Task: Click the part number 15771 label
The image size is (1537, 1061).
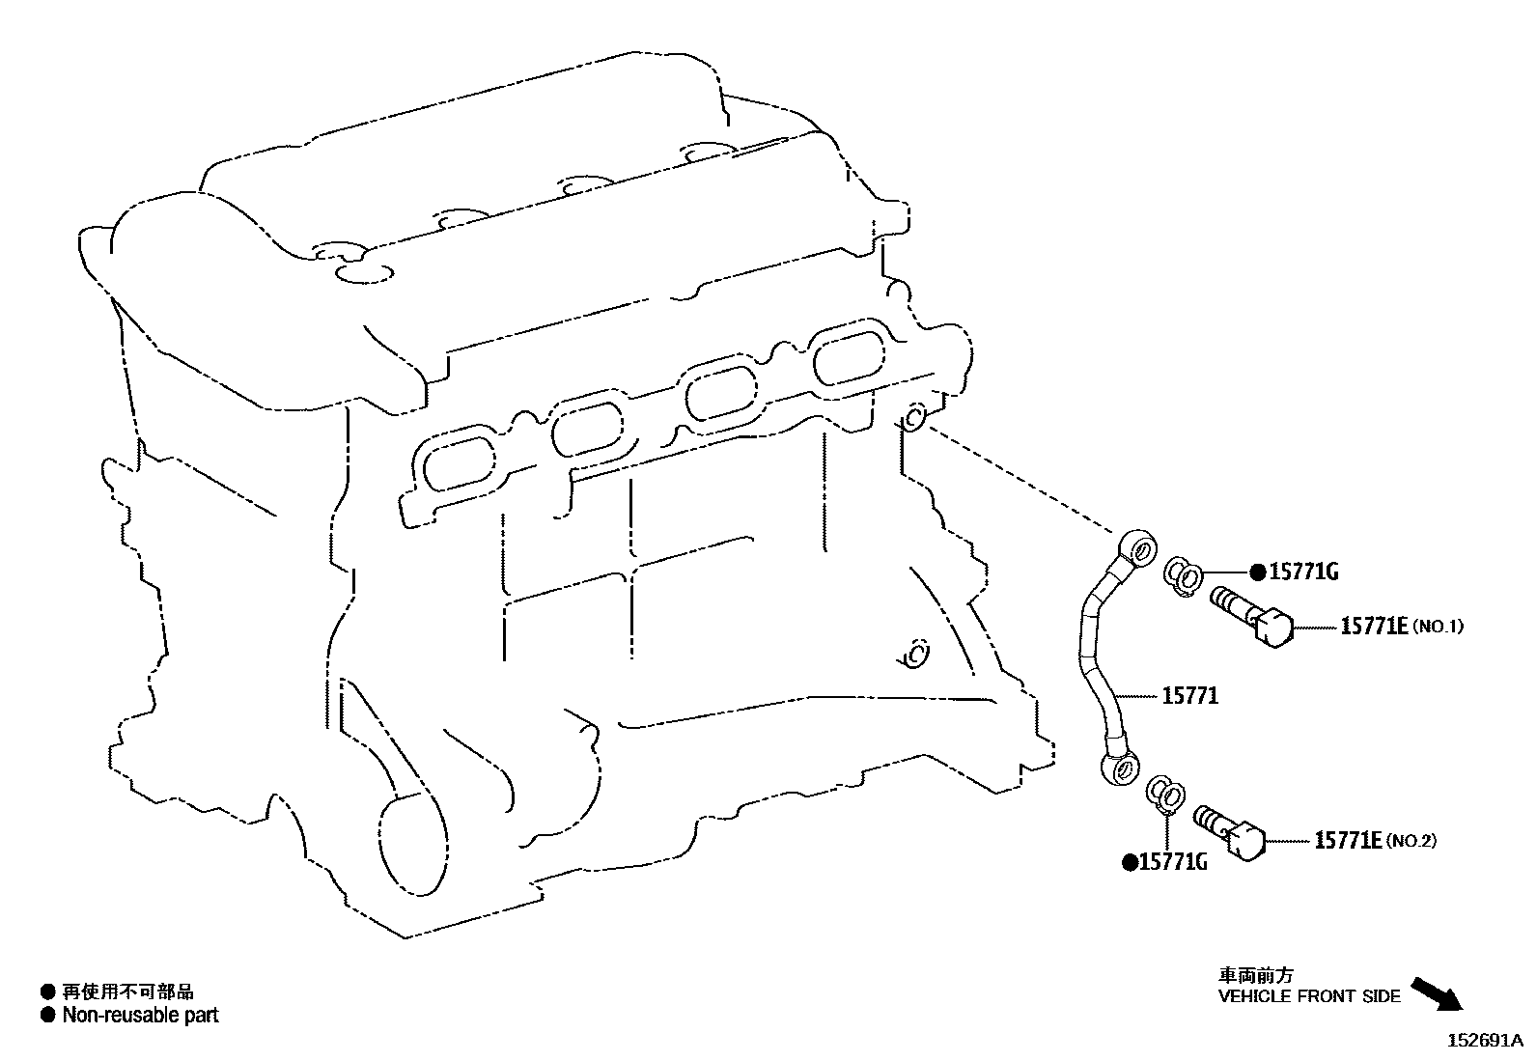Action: (1189, 695)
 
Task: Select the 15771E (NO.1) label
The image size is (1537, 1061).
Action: (1401, 627)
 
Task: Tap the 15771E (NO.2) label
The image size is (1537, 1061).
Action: (1374, 841)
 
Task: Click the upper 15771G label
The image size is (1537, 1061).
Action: (1302, 572)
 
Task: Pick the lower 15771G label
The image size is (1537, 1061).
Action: (1173, 862)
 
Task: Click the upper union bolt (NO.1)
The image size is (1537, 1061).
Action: (1250, 616)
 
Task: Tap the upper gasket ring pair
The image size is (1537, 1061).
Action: (1182, 576)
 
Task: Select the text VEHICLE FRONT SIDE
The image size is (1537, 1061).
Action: (1308, 996)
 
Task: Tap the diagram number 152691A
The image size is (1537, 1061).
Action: (1483, 1041)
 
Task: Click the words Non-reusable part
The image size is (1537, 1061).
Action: (140, 1015)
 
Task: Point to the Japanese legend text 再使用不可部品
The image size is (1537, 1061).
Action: (127, 991)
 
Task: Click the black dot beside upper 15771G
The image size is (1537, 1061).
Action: (1257, 572)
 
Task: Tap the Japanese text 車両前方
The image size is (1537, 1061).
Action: (1254, 975)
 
